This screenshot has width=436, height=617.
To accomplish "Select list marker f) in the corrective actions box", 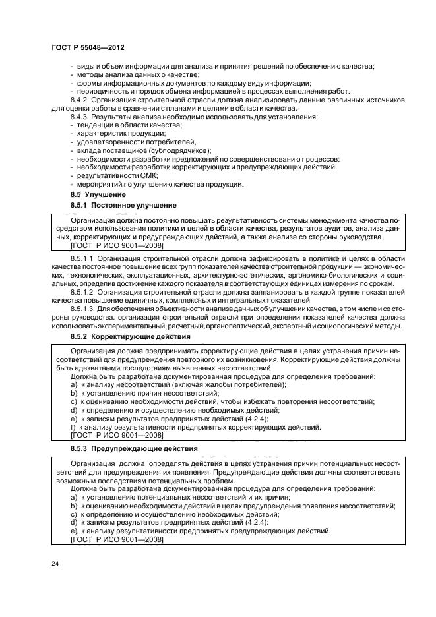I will [73, 426].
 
